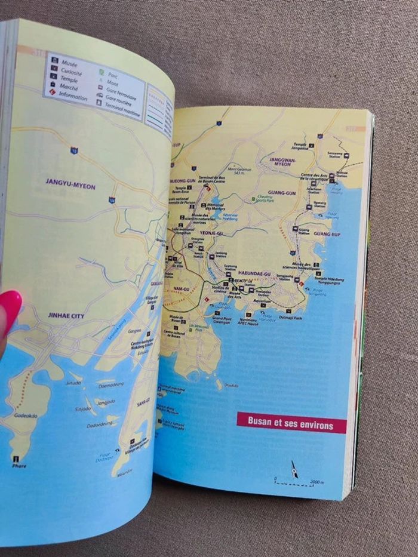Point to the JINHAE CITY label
[66, 315]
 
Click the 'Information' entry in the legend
[73, 95]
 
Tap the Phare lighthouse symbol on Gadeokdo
[16, 458]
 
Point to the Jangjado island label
[106, 402]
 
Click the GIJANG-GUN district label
[282, 193]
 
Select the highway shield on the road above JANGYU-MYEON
[73, 150]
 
